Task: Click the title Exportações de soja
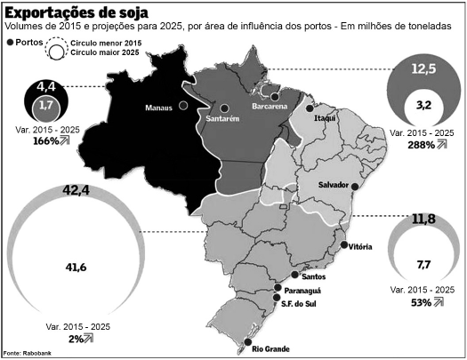[x=76, y=12]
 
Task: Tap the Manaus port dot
[x=183, y=105]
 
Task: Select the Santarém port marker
[x=225, y=108]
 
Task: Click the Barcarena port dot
[x=275, y=97]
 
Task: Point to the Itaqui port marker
[x=310, y=108]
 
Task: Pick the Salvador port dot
[x=355, y=187]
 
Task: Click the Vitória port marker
[x=344, y=244]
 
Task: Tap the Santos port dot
[x=294, y=275]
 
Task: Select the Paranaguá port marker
[x=278, y=287]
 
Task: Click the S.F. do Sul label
[x=298, y=304]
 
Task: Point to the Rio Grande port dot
[x=248, y=342]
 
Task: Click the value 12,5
[x=423, y=68]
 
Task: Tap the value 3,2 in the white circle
[x=423, y=105]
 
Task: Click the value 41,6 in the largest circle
[x=76, y=268]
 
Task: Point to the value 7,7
[x=423, y=264]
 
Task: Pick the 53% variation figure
[x=421, y=302]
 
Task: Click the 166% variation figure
[x=46, y=140]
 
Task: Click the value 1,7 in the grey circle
[x=46, y=105]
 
